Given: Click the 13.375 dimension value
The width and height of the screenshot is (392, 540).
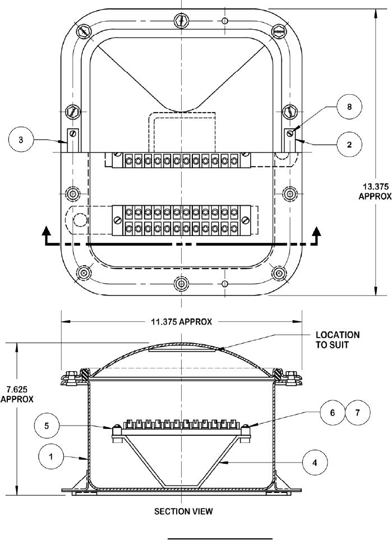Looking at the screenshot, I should click(x=372, y=186).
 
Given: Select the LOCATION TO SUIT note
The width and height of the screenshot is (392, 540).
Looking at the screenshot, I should click(x=337, y=340).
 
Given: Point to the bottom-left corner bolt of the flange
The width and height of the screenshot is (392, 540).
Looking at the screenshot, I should click(x=84, y=272).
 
